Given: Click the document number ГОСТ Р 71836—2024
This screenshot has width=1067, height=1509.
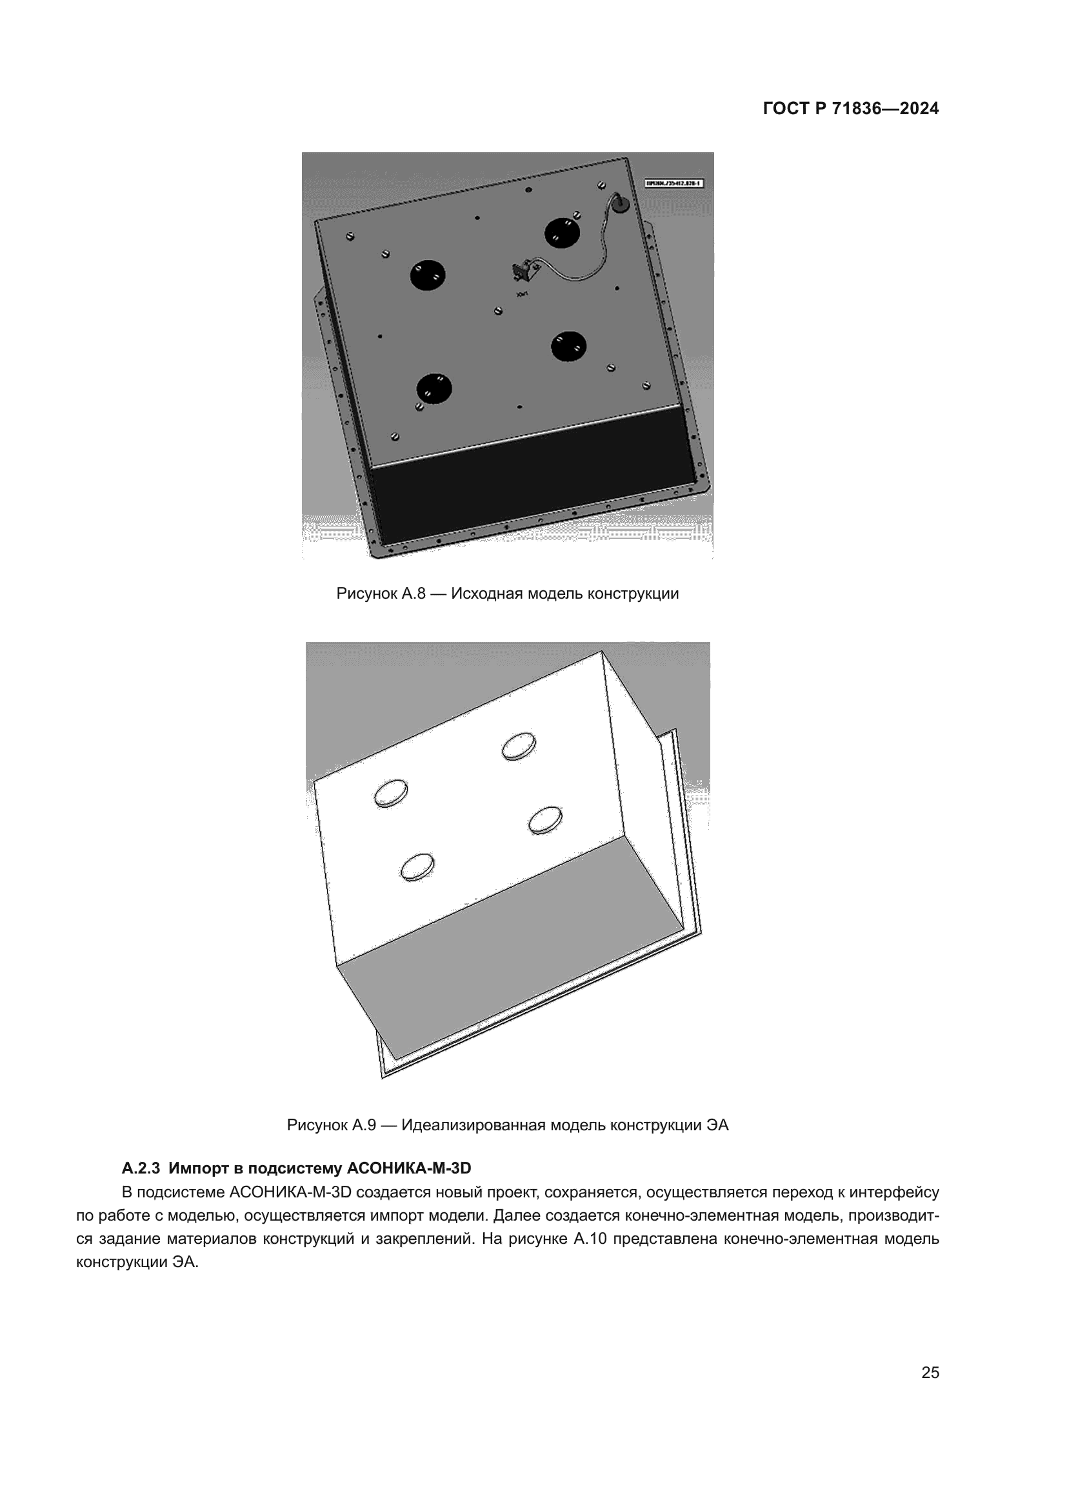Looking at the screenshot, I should click(850, 109).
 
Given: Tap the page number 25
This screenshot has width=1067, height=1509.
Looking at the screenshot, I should click(930, 1373).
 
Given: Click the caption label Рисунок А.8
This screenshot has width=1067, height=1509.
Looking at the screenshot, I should click(381, 594).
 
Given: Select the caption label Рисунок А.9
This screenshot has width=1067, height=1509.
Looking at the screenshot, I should click(331, 1125).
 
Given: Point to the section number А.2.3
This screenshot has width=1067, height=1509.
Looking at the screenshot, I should click(141, 1168).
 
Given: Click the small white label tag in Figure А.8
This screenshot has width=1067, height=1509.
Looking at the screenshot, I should click(674, 183).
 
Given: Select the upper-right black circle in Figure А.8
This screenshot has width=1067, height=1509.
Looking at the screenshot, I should click(563, 232).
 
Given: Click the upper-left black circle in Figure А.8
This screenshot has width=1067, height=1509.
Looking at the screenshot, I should click(428, 275).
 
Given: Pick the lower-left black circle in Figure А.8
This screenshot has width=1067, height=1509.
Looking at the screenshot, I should click(435, 389).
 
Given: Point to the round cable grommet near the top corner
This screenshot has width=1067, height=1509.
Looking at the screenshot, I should click(619, 205).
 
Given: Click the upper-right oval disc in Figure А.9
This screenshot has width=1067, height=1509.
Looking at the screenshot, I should click(519, 746).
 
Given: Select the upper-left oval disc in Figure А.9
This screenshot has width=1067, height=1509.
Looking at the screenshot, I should click(391, 794).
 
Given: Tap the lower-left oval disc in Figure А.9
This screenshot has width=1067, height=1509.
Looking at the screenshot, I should click(417, 868).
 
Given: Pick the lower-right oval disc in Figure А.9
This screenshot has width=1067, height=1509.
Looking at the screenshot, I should click(545, 820).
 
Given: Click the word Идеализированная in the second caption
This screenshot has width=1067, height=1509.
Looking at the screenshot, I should click(473, 1125).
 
